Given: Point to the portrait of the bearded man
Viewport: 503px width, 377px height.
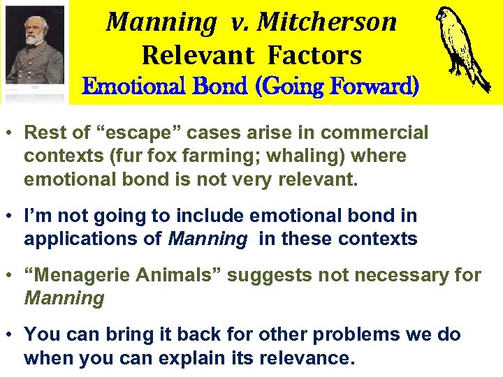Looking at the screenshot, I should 34,49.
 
